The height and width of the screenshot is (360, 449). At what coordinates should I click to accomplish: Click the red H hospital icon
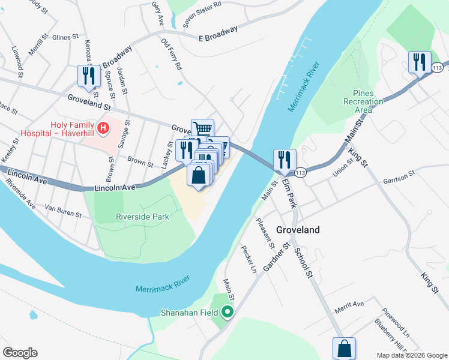[x=103, y=128]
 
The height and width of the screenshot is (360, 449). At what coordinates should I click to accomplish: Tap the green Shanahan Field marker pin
[x=228, y=312]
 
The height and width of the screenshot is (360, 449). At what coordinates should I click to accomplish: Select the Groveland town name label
[x=298, y=230]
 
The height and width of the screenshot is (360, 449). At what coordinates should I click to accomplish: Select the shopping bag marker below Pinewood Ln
[x=344, y=348]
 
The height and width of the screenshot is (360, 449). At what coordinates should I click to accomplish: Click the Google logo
[x=20, y=353]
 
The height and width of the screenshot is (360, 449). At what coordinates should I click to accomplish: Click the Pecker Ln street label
[x=249, y=260]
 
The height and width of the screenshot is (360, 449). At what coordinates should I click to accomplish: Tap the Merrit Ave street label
[x=349, y=305]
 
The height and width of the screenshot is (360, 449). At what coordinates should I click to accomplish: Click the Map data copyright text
[x=411, y=355]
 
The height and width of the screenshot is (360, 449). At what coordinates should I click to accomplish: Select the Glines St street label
[x=65, y=37]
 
